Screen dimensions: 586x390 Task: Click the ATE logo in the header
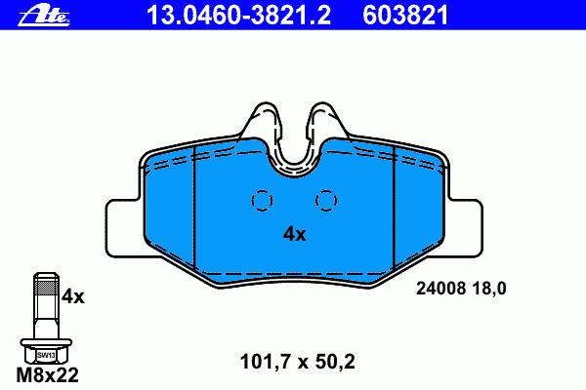[x=44, y=17]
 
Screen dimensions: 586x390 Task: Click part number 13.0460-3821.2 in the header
[x=239, y=16]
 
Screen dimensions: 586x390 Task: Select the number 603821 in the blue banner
[x=405, y=16]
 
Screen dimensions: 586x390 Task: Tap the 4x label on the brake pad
[x=295, y=234]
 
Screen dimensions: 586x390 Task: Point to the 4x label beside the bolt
[x=73, y=296]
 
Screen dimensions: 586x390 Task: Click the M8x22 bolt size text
[x=48, y=375]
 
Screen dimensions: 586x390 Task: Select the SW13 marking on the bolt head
[x=46, y=355]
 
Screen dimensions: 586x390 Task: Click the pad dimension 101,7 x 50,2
[x=298, y=362]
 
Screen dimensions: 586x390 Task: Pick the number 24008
[x=441, y=289]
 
